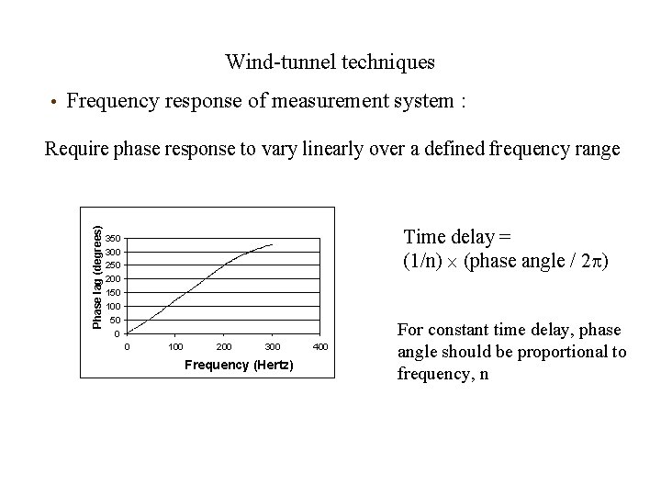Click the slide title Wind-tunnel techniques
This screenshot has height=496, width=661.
(330, 62)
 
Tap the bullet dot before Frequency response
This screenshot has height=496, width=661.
(54, 102)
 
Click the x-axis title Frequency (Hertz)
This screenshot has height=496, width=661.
(239, 366)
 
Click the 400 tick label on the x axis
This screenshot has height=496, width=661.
(319, 347)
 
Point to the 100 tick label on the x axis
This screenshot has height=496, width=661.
(176, 347)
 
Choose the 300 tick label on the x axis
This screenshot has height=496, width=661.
(272, 347)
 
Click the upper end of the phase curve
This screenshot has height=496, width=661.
(273, 244)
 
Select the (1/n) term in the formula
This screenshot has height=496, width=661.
(423, 261)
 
